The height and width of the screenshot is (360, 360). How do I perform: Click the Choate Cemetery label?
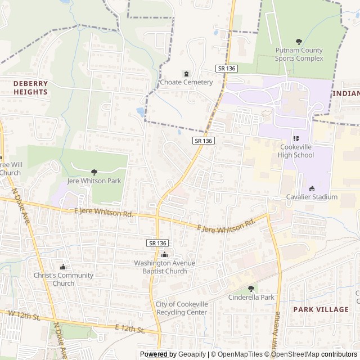tap(186, 82)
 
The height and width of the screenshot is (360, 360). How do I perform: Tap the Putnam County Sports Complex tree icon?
tap(299, 42)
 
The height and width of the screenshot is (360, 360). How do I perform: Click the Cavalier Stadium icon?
tap(312, 188)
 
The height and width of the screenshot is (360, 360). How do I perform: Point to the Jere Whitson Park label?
tap(94, 181)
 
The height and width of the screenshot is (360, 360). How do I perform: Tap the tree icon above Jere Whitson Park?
tap(94, 172)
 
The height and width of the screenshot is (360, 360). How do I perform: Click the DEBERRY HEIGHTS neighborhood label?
tap(30, 88)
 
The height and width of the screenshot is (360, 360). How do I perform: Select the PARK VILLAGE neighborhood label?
tap(321, 309)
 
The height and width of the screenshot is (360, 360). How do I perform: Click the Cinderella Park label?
tap(251, 297)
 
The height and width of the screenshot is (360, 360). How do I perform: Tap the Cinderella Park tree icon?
tap(251, 289)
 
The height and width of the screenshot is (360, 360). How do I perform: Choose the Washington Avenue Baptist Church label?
tap(164, 267)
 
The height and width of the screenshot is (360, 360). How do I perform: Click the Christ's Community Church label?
tap(63, 279)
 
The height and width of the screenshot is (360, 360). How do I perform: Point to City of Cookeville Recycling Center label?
tap(182, 308)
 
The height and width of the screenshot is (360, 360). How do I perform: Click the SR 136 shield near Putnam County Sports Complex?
tap(227, 68)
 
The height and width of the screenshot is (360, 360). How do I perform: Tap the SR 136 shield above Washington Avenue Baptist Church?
tap(157, 243)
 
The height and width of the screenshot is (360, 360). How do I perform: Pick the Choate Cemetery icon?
tap(186, 74)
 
